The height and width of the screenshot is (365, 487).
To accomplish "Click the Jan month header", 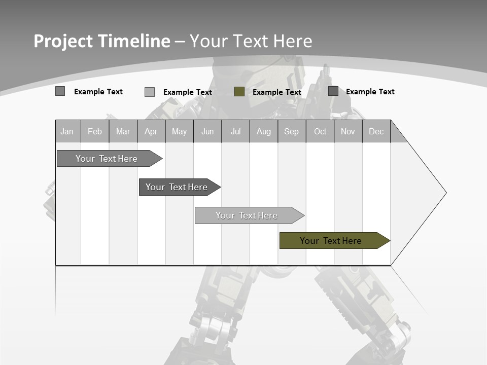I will click(x=67, y=131).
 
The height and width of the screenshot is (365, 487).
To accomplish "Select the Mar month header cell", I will click(x=123, y=131).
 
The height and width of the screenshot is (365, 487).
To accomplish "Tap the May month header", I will click(x=179, y=131).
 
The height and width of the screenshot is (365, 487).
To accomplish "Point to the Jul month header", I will click(x=235, y=131).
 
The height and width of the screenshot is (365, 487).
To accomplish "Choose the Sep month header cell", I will click(x=291, y=131).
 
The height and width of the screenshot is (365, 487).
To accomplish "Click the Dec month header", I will click(x=376, y=131).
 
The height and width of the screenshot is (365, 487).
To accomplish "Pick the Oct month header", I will click(x=320, y=131).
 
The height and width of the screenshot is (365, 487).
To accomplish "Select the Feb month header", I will click(x=95, y=131).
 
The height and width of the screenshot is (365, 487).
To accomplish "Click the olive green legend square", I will click(x=239, y=92).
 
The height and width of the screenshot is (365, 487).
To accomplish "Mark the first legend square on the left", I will click(x=60, y=91).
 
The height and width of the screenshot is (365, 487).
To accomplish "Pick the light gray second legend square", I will click(x=150, y=92).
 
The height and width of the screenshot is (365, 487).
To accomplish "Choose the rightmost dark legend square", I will click(x=333, y=91).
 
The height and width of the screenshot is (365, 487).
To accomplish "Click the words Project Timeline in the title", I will click(x=102, y=41).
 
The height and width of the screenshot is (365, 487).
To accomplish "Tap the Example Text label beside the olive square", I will click(x=276, y=92).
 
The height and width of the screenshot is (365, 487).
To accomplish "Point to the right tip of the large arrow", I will click(x=445, y=193).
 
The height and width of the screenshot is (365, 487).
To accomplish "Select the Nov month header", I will click(x=348, y=131).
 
